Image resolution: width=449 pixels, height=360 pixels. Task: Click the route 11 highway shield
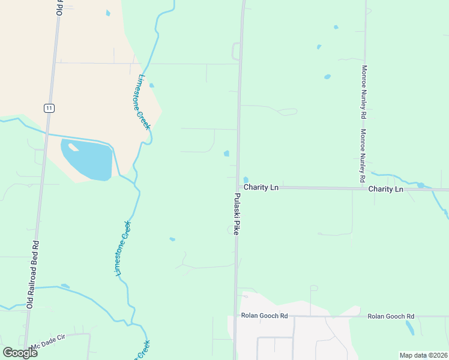point(49,108)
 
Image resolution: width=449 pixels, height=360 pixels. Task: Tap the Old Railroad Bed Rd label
point(33,274)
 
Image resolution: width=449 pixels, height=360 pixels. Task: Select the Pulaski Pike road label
point(237,214)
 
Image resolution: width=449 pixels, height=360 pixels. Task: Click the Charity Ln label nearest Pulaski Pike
point(261,188)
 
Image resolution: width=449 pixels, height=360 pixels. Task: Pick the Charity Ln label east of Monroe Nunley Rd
point(385,189)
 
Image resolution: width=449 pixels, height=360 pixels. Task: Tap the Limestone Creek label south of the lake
point(122,248)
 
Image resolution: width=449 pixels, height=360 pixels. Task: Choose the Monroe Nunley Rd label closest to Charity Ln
point(363,156)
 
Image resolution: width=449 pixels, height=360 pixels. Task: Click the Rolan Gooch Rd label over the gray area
point(264,316)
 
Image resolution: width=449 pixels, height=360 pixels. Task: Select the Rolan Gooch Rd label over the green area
point(391,316)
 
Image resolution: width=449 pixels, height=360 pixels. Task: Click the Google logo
point(20,353)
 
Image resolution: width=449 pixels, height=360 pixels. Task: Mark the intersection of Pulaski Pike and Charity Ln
point(237,188)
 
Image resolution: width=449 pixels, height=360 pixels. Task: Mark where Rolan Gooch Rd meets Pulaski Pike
point(235,316)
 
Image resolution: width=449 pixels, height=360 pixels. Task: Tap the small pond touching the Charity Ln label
point(246,179)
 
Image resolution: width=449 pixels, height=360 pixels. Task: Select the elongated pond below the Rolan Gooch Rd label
point(409,328)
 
